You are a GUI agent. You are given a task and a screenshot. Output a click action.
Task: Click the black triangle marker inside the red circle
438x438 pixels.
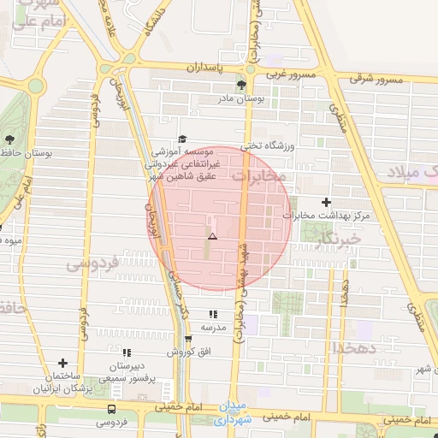212,235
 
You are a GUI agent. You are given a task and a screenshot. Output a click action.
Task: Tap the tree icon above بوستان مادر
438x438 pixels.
241,85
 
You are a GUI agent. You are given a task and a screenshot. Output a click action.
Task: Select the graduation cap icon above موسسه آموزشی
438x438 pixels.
181,139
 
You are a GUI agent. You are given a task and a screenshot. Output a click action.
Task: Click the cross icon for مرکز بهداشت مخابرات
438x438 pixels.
326,203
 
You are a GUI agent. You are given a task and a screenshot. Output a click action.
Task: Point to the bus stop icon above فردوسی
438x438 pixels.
111,410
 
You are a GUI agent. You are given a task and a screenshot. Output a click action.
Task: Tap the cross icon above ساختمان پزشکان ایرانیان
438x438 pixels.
62,364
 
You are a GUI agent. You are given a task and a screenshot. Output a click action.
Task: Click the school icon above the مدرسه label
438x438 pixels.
212,315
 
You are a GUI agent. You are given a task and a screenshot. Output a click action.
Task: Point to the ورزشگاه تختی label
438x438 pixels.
267,147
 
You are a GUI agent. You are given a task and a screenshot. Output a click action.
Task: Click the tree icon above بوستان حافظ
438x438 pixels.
10,139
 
